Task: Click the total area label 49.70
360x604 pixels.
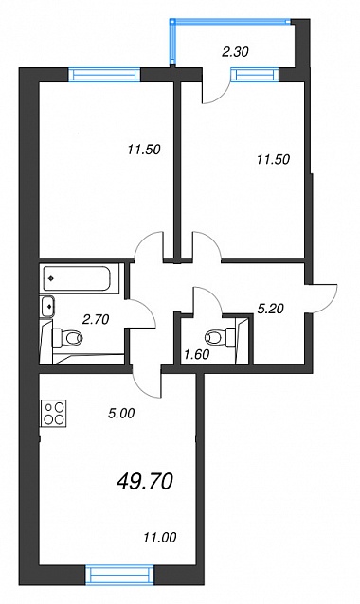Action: click(145, 482)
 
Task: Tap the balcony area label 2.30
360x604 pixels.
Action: click(235, 52)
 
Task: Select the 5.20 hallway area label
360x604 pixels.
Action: click(271, 309)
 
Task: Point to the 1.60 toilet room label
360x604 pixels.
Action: click(196, 354)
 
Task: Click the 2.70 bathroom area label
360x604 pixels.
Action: click(96, 319)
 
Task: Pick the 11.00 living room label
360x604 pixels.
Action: click(159, 537)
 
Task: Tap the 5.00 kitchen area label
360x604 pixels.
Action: click(121, 414)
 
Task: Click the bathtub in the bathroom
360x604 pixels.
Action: click(77, 278)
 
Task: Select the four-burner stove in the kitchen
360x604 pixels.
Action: click(54, 413)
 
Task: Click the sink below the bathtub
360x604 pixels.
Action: click(47, 307)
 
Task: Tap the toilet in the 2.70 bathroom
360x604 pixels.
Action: click(68, 338)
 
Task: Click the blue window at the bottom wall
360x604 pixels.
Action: click(119, 574)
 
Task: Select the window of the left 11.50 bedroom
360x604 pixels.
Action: click(104, 75)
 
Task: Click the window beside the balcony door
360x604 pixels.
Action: click(255, 75)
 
